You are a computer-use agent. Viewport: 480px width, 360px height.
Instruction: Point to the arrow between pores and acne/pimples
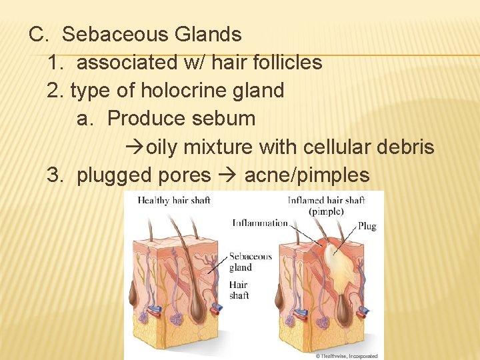pyautogui.click(x=227, y=176)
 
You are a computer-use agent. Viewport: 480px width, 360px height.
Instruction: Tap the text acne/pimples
pyautogui.click(x=307, y=175)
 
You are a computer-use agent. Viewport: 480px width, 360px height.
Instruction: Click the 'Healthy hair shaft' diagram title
pyautogui.click(x=174, y=200)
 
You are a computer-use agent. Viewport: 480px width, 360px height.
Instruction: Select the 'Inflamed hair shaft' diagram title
pyautogui.click(x=327, y=200)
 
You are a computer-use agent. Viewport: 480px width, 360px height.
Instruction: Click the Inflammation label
pyautogui.click(x=260, y=223)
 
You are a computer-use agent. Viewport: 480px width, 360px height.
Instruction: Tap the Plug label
pyautogui.click(x=367, y=226)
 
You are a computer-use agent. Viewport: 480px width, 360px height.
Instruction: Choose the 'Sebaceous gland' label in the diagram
pyautogui.click(x=250, y=261)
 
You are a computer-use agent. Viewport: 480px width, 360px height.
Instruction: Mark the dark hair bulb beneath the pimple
pyautogui.click(x=343, y=307)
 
